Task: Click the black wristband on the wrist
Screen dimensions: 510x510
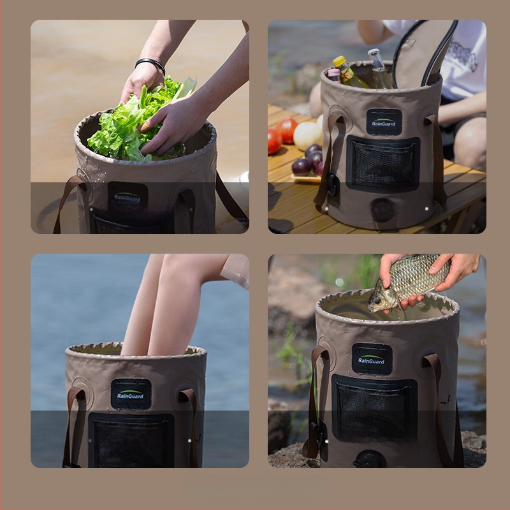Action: pyautogui.click(x=150, y=63)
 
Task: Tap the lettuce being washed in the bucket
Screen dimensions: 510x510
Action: pyautogui.click(x=136, y=120)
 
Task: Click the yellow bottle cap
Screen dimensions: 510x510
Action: pyautogui.click(x=339, y=61)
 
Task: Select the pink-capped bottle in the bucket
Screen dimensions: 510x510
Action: pyautogui.click(x=334, y=75)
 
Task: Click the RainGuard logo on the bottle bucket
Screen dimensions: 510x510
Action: pyautogui.click(x=384, y=122)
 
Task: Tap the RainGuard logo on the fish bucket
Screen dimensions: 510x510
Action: pyautogui.click(x=372, y=359)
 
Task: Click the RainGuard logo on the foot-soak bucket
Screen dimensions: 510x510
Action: pyautogui.click(x=131, y=394)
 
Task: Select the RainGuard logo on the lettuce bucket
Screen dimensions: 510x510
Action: pyautogui.click(x=127, y=196)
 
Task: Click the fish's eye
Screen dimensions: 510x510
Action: pyautogui.click(x=377, y=300)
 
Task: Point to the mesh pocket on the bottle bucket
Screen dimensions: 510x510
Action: pyautogui.click(x=383, y=164)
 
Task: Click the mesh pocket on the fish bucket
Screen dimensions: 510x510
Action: pyautogui.click(x=374, y=408)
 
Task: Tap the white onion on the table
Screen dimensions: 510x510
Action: pyautogui.click(x=307, y=135)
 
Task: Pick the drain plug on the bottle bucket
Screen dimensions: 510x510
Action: pyautogui.click(x=382, y=210)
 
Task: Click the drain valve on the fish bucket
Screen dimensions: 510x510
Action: pyautogui.click(x=370, y=459)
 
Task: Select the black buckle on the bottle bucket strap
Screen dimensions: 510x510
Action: pyautogui.click(x=332, y=184)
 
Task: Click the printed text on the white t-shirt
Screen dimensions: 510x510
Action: pyautogui.click(x=463, y=55)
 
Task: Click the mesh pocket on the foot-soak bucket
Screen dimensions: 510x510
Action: pyautogui.click(x=131, y=440)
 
